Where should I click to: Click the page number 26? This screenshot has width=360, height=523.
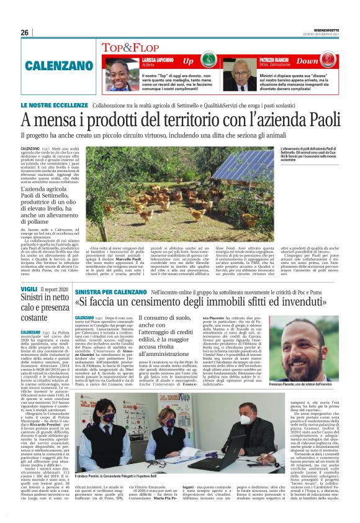point(24,32)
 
